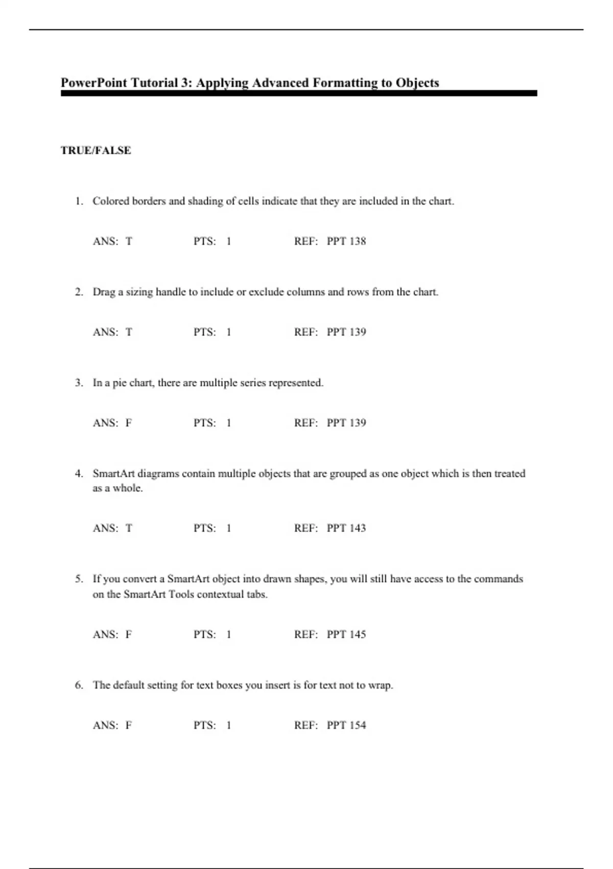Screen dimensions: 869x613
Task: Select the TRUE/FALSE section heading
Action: click(x=96, y=150)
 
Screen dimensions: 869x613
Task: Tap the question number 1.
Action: click(x=79, y=201)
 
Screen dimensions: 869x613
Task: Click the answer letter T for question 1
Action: click(x=129, y=241)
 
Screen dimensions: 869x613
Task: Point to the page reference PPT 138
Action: click(x=346, y=241)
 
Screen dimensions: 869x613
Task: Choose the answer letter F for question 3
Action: click(x=129, y=423)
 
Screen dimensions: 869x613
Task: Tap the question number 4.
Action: click(x=79, y=474)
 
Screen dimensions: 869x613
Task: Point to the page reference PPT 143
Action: click(x=346, y=528)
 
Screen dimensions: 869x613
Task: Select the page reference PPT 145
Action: click(x=346, y=634)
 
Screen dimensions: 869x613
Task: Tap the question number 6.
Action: click(x=79, y=685)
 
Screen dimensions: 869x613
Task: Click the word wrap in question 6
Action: click(x=381, y=685)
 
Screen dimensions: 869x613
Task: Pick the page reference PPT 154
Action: click(x=346, y=725)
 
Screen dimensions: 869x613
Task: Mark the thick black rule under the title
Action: click(x=299, y=94)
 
